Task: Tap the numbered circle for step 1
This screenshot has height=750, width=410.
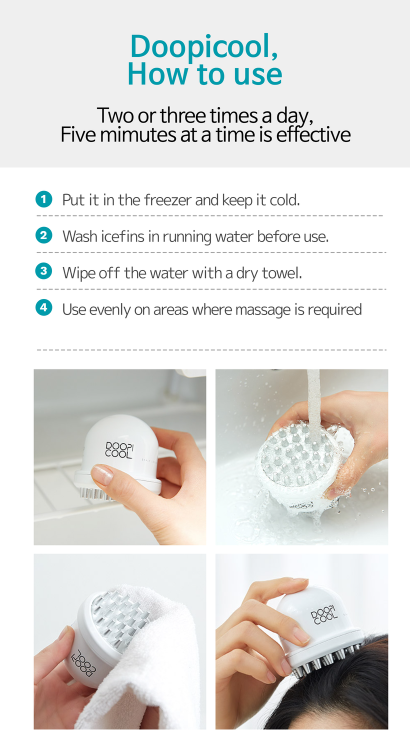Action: click(44, 199)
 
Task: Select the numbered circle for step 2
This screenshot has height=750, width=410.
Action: click(44, 235)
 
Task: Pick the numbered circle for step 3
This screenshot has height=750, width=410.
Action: click(44, 271)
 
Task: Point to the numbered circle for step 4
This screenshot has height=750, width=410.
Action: click(44, 307)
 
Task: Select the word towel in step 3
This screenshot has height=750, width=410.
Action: click(282, 273)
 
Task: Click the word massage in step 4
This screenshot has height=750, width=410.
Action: click(263, 310)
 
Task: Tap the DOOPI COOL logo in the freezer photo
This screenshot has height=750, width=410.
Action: click(119, 449)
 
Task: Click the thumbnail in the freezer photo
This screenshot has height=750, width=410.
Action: click(103, 475)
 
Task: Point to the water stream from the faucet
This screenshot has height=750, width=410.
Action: click(313, 405)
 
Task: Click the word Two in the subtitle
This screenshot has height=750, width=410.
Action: click(115, 115)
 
